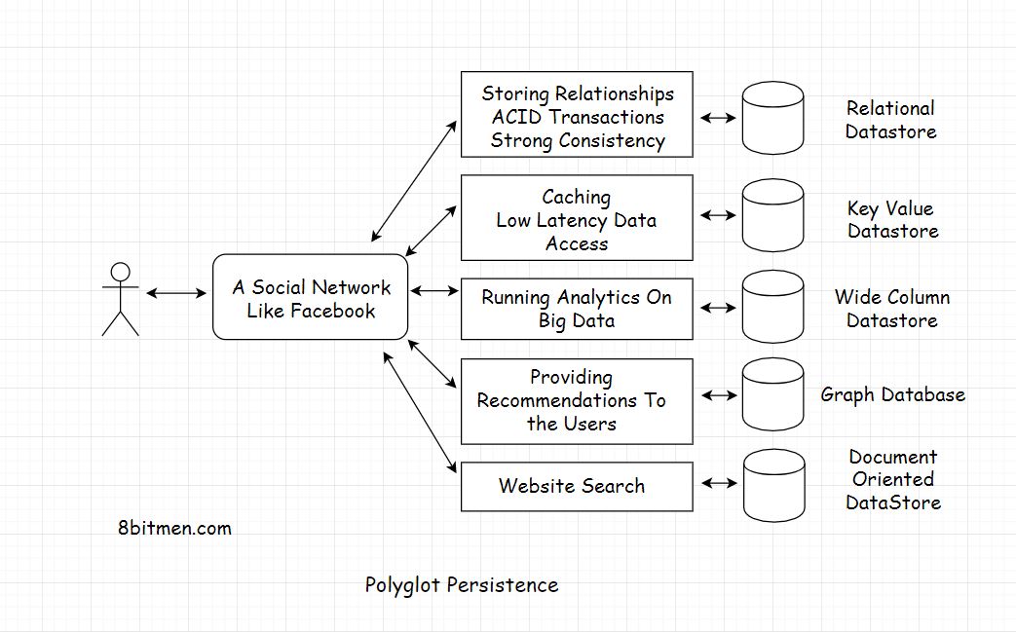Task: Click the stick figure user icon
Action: click(120, 299)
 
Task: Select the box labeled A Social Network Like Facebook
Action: click(310, 297)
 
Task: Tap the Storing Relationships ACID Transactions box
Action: click(577, 115)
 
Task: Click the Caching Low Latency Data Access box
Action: click(577, 218)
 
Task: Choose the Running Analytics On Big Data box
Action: click(577, 309)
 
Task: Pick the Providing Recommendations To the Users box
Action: click(577, 400)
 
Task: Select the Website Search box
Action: click(577, 486)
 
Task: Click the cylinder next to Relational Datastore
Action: click(772, 117)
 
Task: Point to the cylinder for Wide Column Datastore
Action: click(772, 308)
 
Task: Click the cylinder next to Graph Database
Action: click(772, 395)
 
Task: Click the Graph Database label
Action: click(892, 394)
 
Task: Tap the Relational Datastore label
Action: click(890, 120)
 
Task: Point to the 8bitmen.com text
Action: click(174, 529)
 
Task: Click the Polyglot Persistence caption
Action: click(462, 585)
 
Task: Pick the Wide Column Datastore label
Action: click(891, 309)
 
